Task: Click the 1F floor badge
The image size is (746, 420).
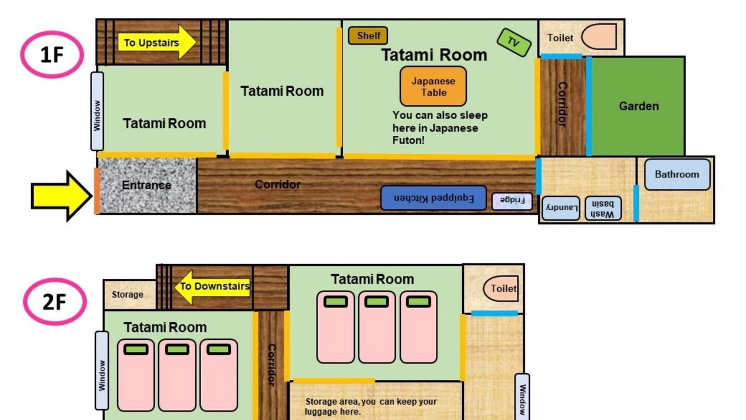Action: (x=52, y=55)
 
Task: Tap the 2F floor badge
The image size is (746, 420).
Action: (x=55, y=302)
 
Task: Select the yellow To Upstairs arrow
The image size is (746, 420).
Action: (x=157, y=43)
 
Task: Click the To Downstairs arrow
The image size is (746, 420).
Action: (x=213, y=287)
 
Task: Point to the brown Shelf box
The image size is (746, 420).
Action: (x=368, y=36)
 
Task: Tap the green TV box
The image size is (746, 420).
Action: (x=513, y=43)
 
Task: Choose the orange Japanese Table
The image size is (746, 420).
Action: (x=433, y=86)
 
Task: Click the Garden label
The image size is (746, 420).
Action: (x=639, y=106)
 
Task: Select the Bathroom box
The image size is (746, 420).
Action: (x=677, y=174)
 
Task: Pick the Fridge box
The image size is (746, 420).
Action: (x=512, y=201)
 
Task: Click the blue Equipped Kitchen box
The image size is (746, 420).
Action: (x=433, y=198)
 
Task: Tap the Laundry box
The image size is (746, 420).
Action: (x=561, y=208)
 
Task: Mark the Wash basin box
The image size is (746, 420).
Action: (x=603, y=209)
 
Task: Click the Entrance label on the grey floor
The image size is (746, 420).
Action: (x=146, y=185)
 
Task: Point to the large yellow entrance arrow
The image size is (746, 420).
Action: (x=62, y=196)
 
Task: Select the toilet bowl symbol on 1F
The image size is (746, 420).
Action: (x=599, y=37)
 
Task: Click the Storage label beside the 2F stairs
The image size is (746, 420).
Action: (x=128, y=295)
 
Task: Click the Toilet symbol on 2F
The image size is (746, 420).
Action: (x=501, y=288)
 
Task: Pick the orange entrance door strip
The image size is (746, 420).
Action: (x=97, y=191)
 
